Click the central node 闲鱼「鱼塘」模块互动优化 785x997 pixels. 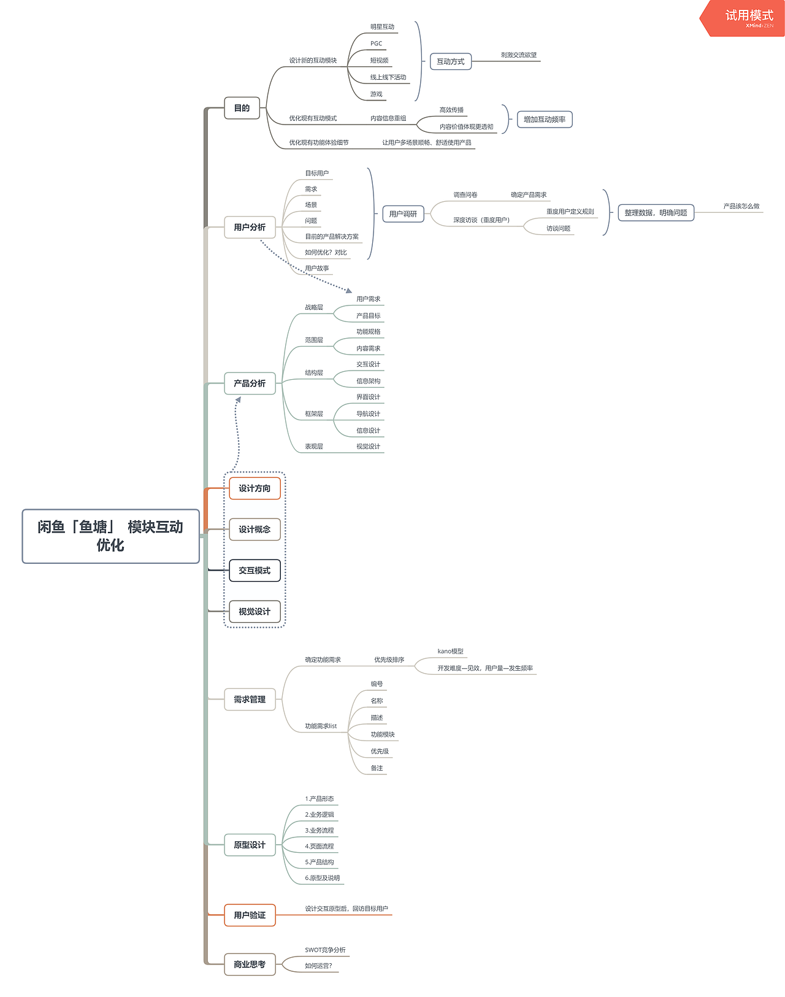110,536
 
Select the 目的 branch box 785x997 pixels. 242,108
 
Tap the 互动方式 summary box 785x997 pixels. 450,61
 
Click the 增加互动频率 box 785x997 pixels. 544,119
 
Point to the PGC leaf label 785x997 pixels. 376,44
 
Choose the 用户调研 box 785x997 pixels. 402,214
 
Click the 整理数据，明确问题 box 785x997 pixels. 655,212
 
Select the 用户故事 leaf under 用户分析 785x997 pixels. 317,268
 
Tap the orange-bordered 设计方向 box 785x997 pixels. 255,488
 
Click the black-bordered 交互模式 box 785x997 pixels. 255,571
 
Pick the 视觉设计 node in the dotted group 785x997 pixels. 255,612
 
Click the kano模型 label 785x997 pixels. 450,651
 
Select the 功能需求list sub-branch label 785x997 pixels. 321,726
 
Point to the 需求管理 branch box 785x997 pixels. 250,699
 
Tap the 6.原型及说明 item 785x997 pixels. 322,878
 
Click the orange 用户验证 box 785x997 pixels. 250,915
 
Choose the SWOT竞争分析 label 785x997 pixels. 325,950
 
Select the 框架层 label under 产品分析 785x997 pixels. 314,414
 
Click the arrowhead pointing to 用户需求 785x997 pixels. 349,290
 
